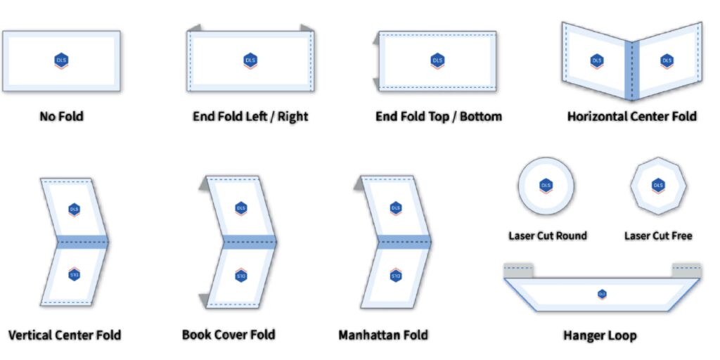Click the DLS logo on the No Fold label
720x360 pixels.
[x=61, y=60]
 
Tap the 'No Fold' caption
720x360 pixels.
[x=61, y=116]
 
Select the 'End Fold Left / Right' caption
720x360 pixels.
[x=250, y=116]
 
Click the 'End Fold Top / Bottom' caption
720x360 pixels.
[x=439, y=116]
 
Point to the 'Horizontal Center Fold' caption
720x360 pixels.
[x=631, y=116]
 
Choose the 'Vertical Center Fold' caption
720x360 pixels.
[x=65, y=335]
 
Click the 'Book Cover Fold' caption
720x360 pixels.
[x=229, y=335]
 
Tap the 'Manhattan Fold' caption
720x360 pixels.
[x=382, y=335]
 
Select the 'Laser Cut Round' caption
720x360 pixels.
[x=547, y=236]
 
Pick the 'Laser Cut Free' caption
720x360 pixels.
[x=658, y=236]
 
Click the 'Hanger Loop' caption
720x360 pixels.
[x=600, y=335]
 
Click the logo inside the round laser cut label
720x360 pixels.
[x=546, y=186]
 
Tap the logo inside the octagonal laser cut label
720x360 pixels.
[x=658, y=186]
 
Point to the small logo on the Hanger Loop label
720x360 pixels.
[x=602, y=294]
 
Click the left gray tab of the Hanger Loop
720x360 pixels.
[x=519, y=270]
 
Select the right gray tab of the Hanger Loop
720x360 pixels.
[x=686, y=270]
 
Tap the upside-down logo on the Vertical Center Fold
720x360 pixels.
[x=74, y=275]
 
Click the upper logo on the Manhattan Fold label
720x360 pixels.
[x=396, y=208]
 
